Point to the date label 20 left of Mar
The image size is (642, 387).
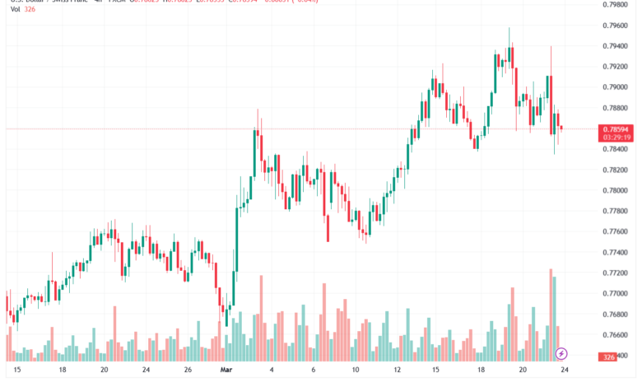pos(105,371)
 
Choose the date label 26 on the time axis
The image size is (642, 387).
pos(188,371)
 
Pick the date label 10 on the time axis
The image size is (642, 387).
pos(356,371)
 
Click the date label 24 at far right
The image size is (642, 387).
pos(565,371)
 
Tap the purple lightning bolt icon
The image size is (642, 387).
pos(562,353)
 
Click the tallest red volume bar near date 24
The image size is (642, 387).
pos(550,313)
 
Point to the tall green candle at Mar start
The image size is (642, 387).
pos(236,247)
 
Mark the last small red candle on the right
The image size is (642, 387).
pos(561,127)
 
